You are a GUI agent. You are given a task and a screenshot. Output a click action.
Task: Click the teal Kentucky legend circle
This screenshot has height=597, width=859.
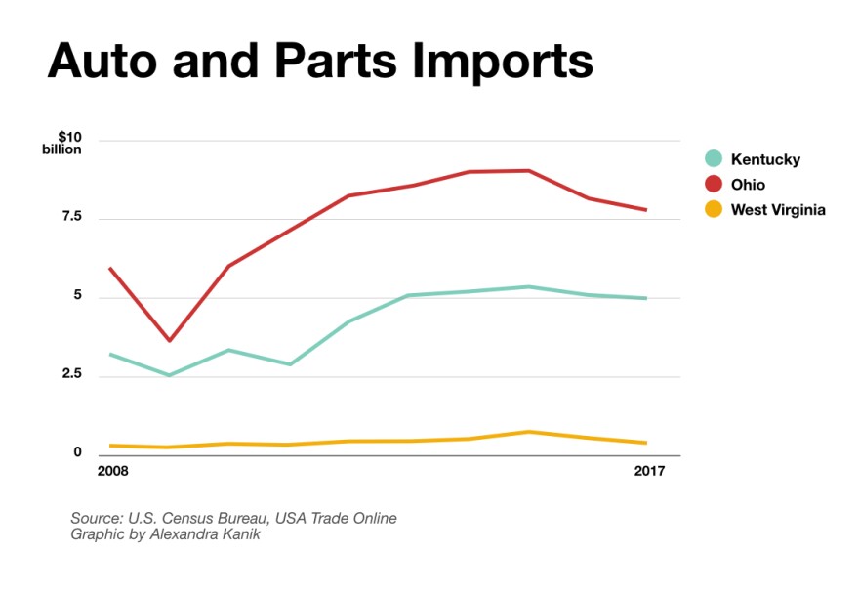click(714, 159)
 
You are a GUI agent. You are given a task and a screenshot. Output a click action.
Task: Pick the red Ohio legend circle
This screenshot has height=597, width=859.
click(714, 185)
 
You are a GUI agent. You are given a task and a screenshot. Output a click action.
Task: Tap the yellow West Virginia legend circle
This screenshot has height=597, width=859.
click(714, 209)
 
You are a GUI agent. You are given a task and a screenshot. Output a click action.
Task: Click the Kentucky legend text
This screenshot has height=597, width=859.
click(766, 159)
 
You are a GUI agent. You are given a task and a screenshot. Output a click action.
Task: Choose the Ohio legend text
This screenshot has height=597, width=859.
click(749, 185)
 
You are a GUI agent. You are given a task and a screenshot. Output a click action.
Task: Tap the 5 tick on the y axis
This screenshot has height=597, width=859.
click(76, 297)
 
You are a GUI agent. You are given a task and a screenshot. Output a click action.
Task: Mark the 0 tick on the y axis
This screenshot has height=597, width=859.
click(76, 453)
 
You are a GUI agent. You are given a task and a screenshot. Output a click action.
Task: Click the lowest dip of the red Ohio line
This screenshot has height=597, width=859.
click(170, 340)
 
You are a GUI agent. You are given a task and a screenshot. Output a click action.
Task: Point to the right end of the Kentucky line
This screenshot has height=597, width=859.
click(646, 298)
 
